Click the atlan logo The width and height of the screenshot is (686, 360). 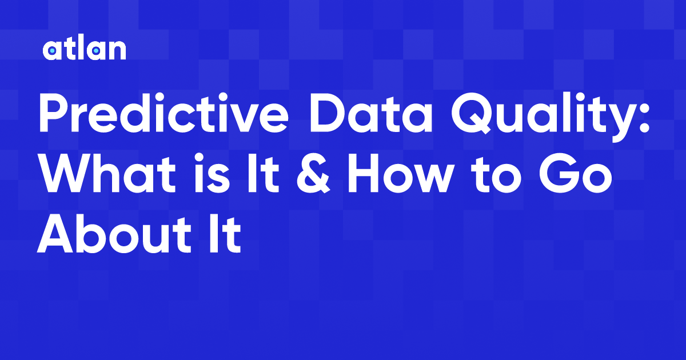(84, 50)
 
